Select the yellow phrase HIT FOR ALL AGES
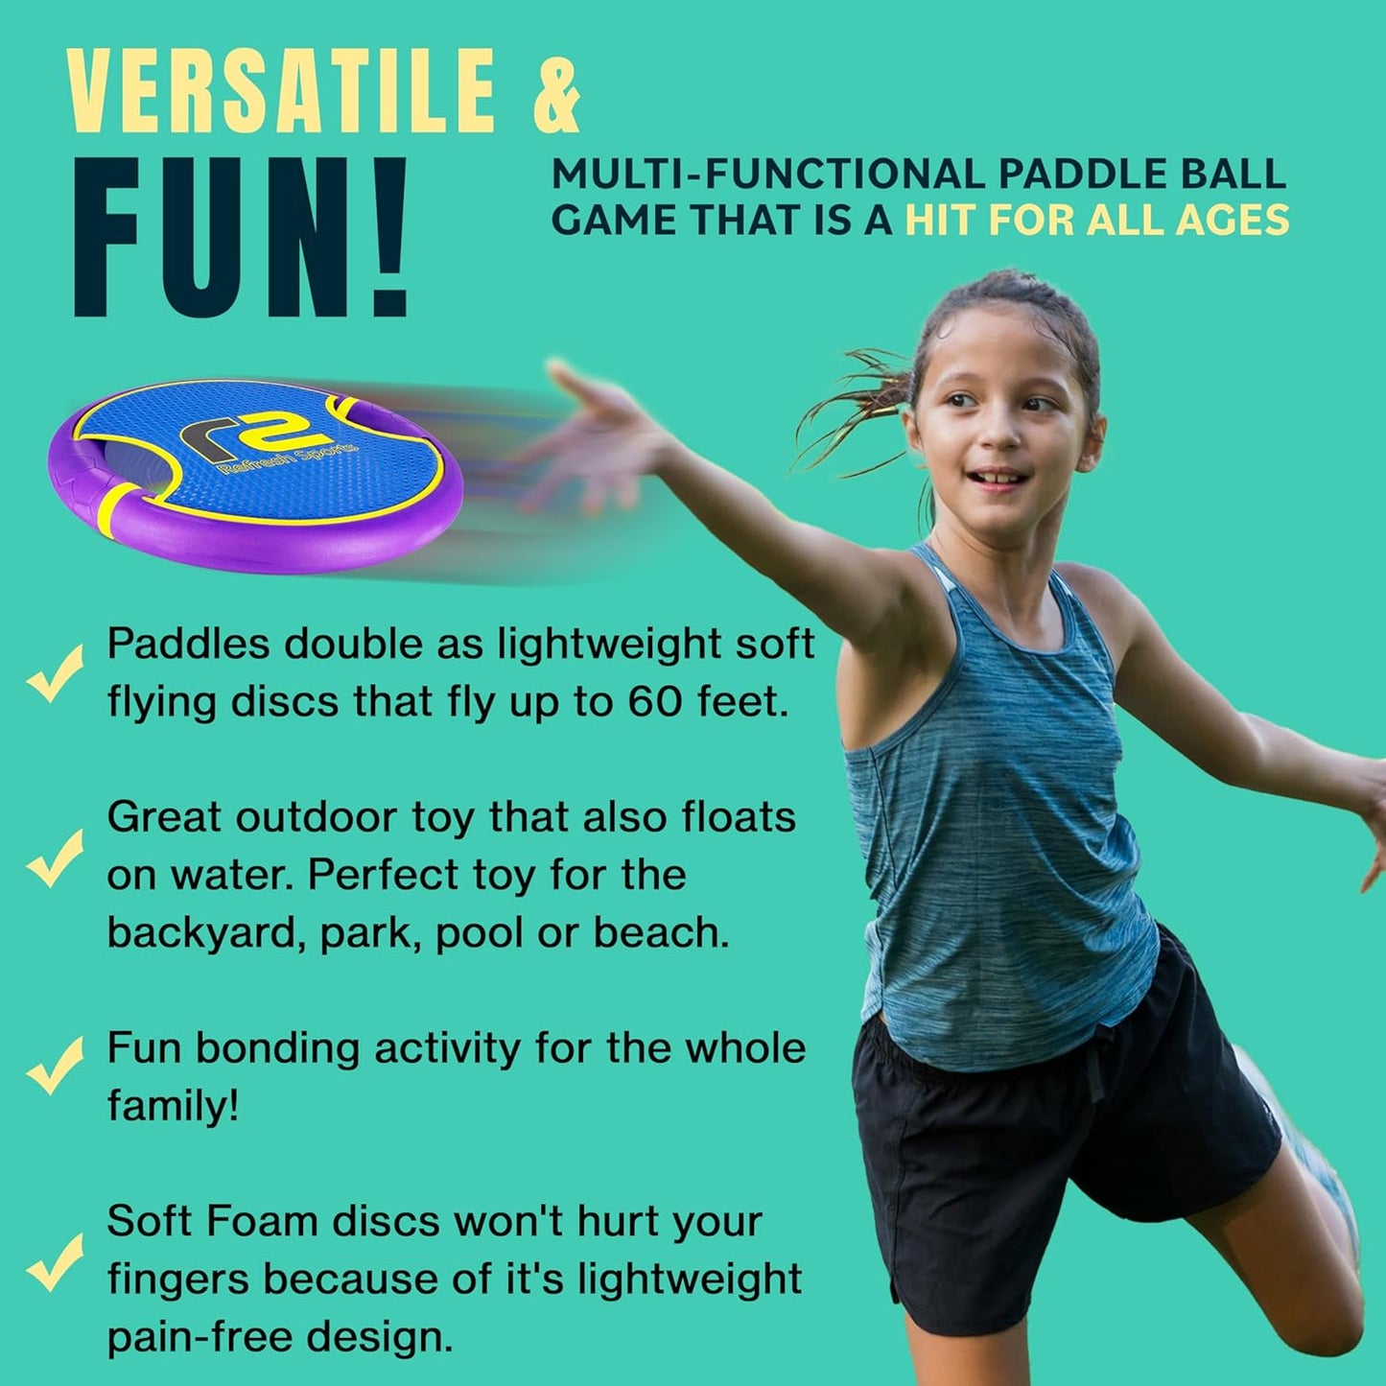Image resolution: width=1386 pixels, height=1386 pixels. [1097, 221]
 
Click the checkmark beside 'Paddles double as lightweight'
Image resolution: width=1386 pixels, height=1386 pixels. [54, 673]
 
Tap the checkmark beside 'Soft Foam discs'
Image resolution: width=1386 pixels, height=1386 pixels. [54, 1261]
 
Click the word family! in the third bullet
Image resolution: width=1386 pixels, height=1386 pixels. [173, 1106]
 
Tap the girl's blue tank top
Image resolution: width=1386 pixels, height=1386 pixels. [998, 815]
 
